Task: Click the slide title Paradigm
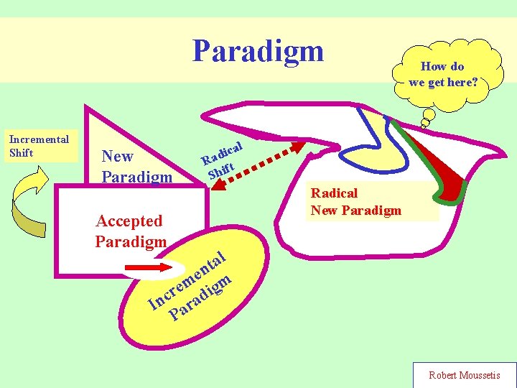(x=258, y=51)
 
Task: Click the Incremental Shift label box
(x=39, y=146)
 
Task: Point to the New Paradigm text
(x=136, y=166)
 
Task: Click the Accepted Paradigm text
(x=130, y=231)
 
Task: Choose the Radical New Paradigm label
(x=355, y=201)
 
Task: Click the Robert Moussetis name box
(x=464, y=375)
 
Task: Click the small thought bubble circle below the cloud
(x=429, y=114)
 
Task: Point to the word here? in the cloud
(x=462, y=82)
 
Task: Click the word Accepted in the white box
(x=129, y=221)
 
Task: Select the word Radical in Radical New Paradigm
(x=335, y=193)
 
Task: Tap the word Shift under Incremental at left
(x=22, y=153)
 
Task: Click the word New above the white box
(x=118, y=156)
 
